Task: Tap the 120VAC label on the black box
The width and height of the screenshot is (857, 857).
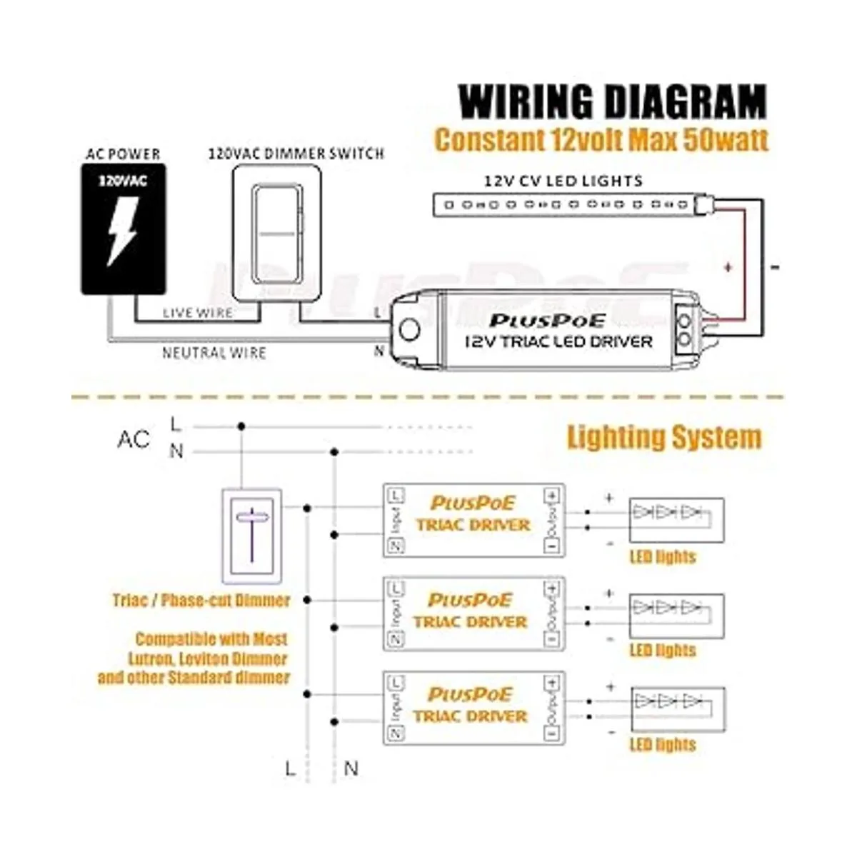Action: coord(123,181)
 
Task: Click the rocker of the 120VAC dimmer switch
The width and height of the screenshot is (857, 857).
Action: coord(275,233)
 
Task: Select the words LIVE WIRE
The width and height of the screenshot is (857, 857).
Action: coord(197,313)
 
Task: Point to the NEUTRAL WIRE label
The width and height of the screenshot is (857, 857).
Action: coord(214,353)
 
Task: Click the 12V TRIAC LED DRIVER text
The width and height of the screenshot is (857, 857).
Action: coord(558,341)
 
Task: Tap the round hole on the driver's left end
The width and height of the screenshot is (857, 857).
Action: coord(410,330)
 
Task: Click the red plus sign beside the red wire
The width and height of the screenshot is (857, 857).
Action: coord(728,268)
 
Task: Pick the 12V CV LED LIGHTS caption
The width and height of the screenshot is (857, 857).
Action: coord(563,181)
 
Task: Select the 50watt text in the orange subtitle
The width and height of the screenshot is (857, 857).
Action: coord(726,139)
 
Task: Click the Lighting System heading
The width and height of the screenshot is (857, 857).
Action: coord(664,437)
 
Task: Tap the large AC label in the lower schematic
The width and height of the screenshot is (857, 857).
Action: coord(134,438)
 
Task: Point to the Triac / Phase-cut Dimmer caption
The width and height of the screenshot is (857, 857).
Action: coord(201,600)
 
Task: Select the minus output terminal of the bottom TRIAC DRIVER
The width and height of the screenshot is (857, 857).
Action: coord(551,733)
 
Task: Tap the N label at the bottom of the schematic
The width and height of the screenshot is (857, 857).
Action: coord(351,768)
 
